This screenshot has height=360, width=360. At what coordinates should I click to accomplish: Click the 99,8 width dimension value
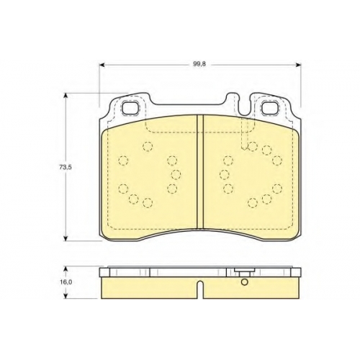[x=199, y=64]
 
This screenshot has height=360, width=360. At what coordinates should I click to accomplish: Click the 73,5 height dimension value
[x=66, y=167]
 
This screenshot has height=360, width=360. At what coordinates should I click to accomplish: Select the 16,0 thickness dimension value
[x=66, y=282]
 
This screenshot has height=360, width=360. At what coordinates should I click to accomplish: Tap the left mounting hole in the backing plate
[x=130, y=107]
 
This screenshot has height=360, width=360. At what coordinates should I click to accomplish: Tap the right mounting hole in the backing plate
[x=270, y=107]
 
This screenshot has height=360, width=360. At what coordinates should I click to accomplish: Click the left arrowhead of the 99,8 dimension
[x=102, y=64]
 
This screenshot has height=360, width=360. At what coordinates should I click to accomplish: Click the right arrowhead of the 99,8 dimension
[x=298, y=64]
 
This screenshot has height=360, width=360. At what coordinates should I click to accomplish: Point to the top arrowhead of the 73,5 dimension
[x=65, y=96]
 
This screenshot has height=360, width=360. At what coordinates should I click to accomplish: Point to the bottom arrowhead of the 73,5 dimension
[x=65, y=238]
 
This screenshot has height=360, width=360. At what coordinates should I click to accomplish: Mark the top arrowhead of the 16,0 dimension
[x=66, y=269]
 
